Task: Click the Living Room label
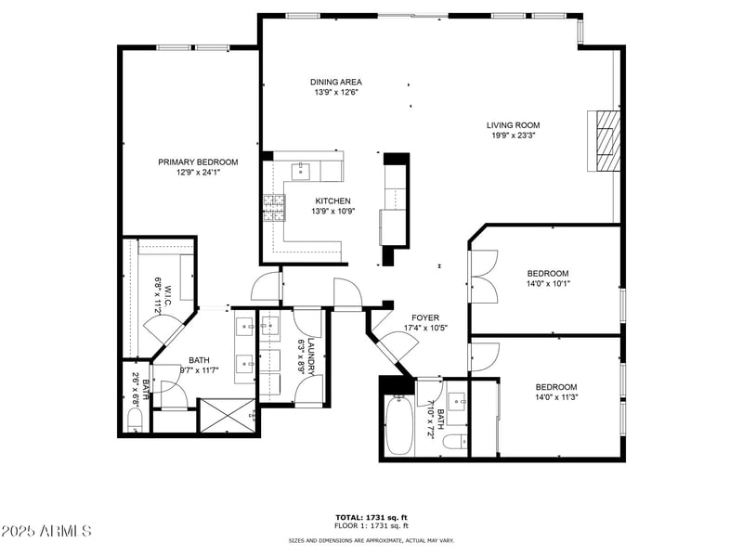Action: pos(513,125)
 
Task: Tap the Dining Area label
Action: pos(336,82)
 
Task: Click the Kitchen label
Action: pos(332,201)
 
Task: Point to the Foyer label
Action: pos(425,317)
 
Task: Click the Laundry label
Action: pos(311,356)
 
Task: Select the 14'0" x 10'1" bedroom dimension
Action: pos(548,284)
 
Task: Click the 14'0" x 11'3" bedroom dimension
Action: pos(555,398)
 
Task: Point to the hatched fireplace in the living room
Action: pos(606,140)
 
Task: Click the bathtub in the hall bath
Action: pos(398,425)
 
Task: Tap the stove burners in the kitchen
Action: pos(273,207)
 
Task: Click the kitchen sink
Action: pos(302,171)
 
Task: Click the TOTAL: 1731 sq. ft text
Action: pos(371,517)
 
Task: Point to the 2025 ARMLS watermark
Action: pos(46,531)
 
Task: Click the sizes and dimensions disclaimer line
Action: pos(371,539)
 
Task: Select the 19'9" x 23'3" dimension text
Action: pos(513,136)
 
